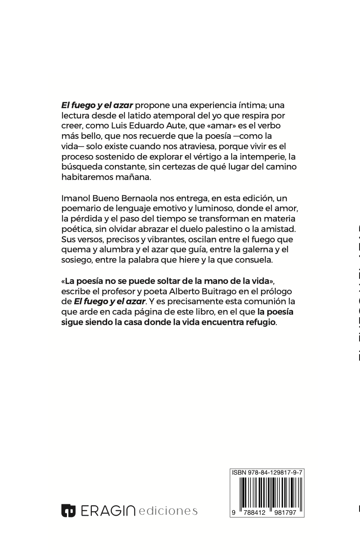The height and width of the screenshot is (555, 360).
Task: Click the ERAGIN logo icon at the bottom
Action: point(68,510)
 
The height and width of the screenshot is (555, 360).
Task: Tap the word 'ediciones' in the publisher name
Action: point(169,511)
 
